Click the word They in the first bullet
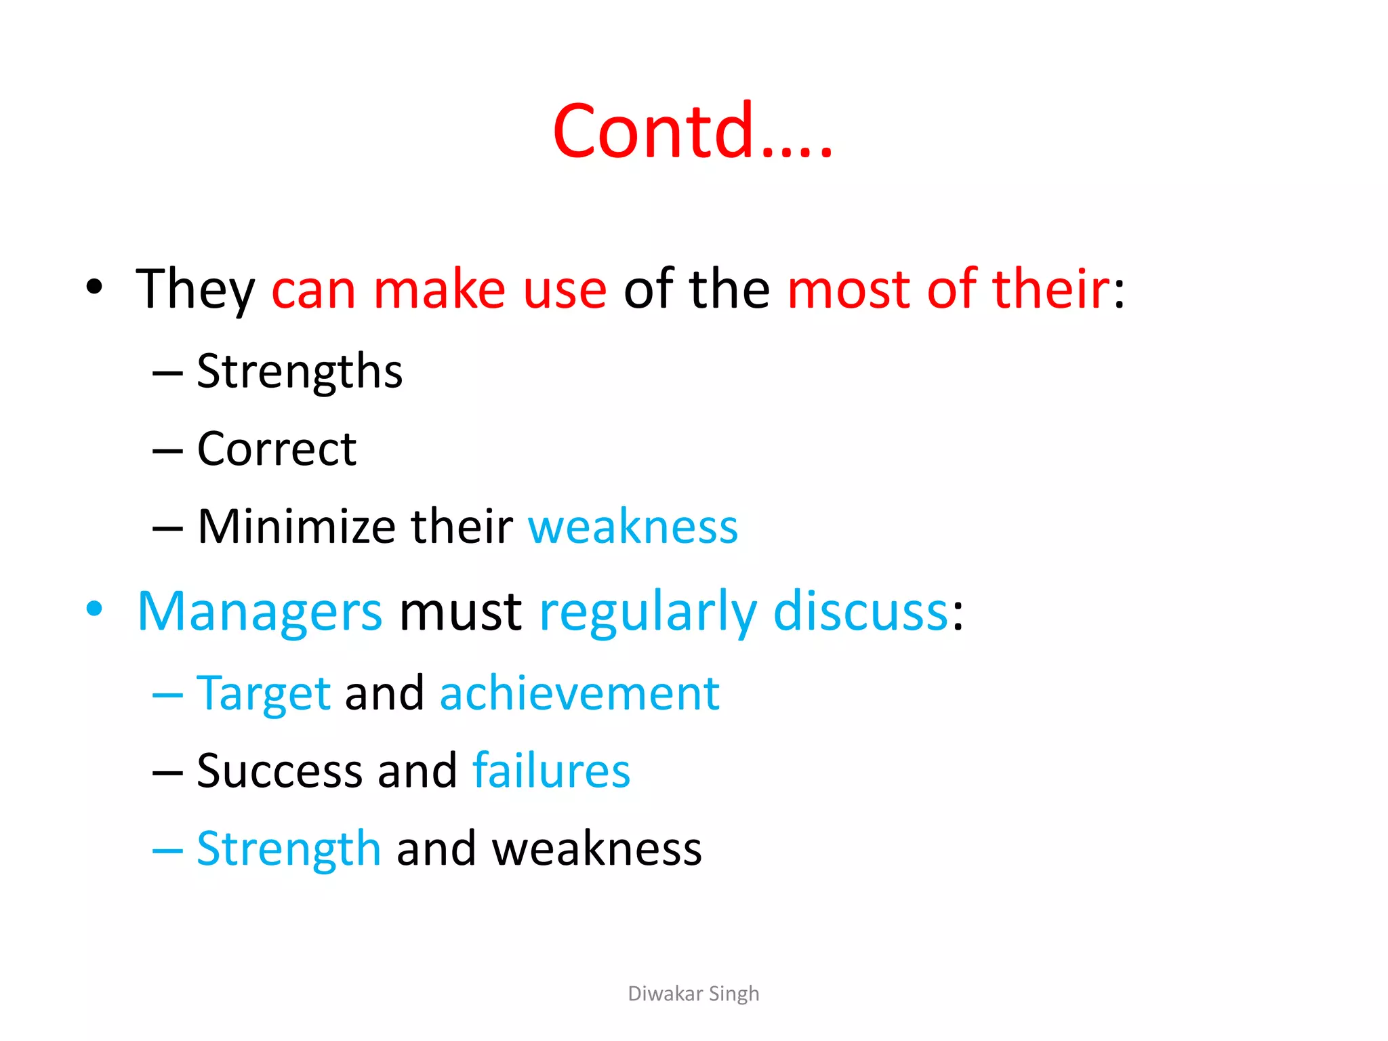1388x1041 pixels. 195,289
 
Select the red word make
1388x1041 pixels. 439,289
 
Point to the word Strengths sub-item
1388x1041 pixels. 300,372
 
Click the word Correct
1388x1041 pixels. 277,449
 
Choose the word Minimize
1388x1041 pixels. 296,527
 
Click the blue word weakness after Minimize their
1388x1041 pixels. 633,527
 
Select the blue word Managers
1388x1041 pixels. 260,612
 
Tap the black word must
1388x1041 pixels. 460,612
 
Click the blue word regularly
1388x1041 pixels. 648,612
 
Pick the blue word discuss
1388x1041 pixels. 860,612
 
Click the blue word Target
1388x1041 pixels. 264,694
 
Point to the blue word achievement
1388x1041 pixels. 579,694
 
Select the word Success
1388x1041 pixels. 280,771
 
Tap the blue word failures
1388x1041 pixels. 551,771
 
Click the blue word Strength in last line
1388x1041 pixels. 289,849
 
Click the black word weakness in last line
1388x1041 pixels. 596,849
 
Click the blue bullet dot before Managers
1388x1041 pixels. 95,609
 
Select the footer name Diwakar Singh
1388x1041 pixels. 693,994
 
